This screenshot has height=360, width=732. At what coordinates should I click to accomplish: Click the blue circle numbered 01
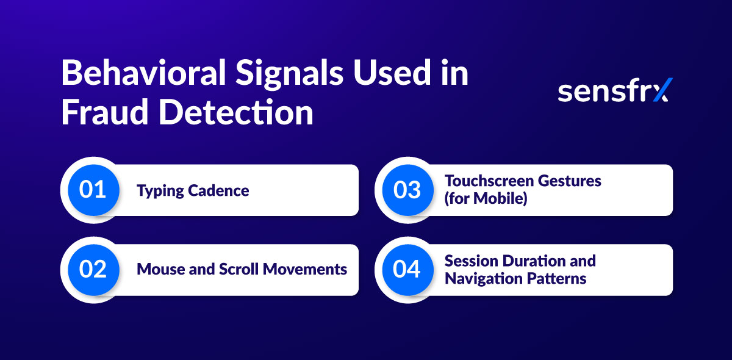click(x=93, y=190)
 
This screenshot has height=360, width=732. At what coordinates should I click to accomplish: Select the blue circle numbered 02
click(x=93, y=270)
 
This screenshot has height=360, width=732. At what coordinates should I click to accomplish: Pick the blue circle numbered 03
click(x=407, y=190)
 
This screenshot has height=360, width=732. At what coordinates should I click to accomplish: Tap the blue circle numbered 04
click(x=407, y=270)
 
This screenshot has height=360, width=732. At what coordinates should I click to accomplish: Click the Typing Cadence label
click(x=193, y=190)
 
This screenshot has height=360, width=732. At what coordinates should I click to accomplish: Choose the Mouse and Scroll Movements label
click(x=242, y=269)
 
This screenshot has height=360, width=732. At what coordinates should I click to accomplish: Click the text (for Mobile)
click(x=486, y=199)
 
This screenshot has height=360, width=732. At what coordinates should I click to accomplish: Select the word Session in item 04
click(x=472, y=261)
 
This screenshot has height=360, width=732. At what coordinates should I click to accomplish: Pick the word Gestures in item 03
click(x=570, y=181)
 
